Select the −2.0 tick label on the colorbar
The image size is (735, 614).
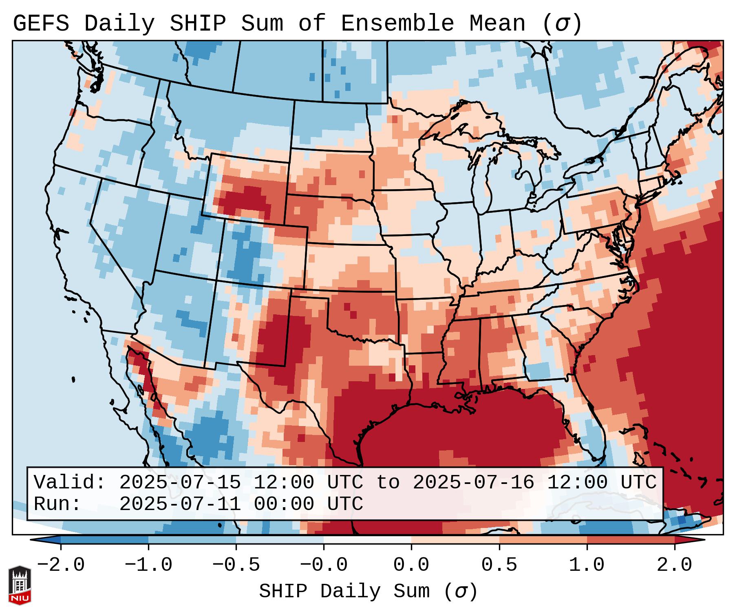coord(61,565)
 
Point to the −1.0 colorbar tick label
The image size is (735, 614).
coord(148,565)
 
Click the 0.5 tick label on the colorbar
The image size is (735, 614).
coord(499,565)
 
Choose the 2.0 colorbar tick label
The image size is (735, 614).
coord(675,565)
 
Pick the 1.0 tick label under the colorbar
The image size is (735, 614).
coord(587,565)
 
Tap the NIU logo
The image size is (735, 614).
coord(20,585)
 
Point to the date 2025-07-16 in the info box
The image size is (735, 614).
coord(473,482)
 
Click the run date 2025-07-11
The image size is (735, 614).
coord(180,504)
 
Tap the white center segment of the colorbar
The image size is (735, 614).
coord(367,540)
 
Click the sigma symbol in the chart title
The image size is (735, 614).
coord(562,24)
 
